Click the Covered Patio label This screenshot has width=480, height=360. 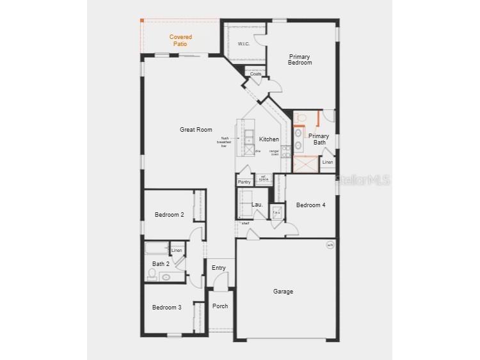pos(180,40)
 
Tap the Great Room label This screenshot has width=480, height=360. pos(196,130)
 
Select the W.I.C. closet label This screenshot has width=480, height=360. pos(243,43)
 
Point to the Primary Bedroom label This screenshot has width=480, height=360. pos(300,59)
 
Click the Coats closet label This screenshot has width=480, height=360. pos(255,74)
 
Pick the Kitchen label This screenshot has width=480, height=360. pos(269,139)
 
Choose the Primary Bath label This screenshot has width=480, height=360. pos(319,139)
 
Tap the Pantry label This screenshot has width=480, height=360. pos(244,182)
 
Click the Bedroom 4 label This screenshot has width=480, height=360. pos(310,205)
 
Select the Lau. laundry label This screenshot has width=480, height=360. pos(257,205)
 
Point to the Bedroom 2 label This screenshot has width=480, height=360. pos(170,215)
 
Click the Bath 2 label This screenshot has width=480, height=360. pos(161,263)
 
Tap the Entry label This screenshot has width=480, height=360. pos(218,268)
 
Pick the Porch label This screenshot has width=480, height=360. pos(220,306)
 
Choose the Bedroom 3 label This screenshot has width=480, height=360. pos(166,308)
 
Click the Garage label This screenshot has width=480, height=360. pos(283,292)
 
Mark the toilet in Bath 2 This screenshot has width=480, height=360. pos(152,275)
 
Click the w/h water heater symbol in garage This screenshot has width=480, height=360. pos(330,245)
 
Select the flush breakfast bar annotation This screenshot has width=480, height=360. pos(225,142)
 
